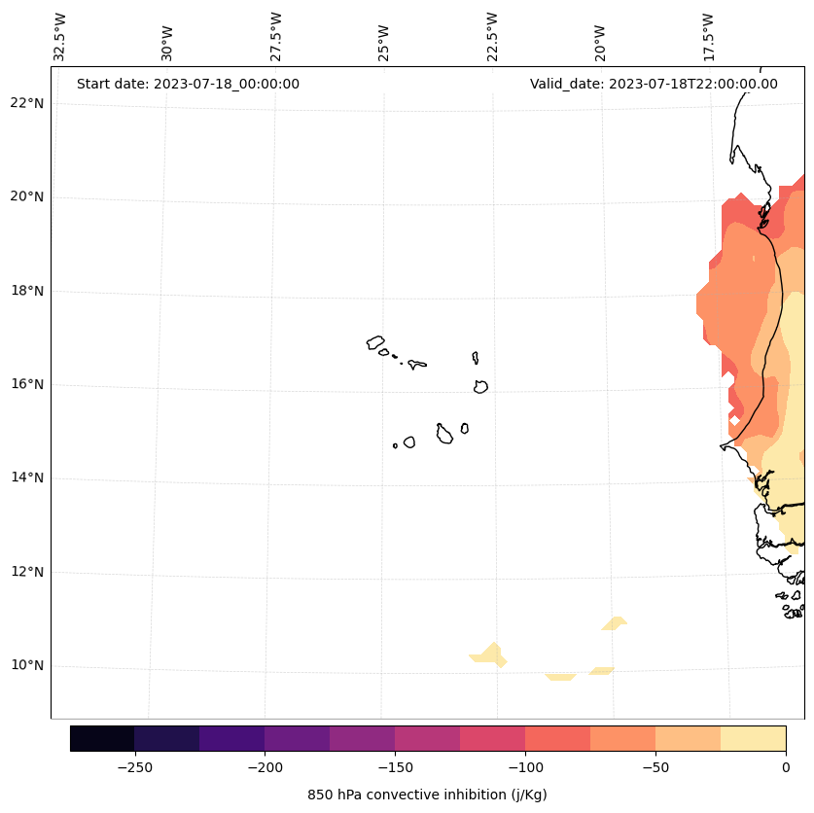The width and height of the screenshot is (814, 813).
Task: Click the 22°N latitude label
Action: pos(25,103)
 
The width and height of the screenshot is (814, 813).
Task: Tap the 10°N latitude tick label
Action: pos(25,666)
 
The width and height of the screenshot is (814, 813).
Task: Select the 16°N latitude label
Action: pos(25,384)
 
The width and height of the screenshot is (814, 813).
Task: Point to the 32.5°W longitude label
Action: pos(60,37)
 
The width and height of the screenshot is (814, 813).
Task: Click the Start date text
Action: pos(188,84)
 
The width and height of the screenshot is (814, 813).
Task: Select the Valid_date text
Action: pos(654,84)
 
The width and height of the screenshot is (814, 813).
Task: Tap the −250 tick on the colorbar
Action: pos(134,766)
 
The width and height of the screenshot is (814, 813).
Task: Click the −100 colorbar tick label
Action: pos(525,766)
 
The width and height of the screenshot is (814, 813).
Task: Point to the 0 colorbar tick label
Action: pos(785,766)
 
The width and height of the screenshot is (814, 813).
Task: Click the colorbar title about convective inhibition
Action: pos(427,795)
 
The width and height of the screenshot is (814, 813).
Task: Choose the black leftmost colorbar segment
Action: pos(102,738)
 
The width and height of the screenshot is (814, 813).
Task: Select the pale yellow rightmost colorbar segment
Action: pos(753,738)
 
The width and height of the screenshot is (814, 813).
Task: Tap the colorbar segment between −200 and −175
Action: pos(297,738)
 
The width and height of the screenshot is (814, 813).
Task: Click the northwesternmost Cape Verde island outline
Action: pos(375,342)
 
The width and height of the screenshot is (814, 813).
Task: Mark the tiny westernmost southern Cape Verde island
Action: pos(395,445)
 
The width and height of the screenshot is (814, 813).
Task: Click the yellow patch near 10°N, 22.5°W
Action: pos(489,654)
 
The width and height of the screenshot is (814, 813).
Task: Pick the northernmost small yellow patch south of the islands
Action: pos(615,622)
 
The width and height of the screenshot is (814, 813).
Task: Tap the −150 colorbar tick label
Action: pos(395,766)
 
